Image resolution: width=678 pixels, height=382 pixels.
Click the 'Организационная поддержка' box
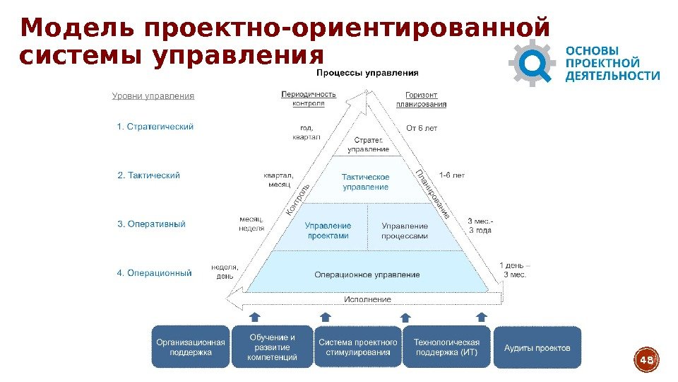click(191, 347)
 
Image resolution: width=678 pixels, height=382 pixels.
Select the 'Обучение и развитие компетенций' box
click(272, 347)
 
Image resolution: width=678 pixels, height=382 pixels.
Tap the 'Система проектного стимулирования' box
click(357, 347)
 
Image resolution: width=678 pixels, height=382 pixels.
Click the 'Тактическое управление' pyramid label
click(366, 182)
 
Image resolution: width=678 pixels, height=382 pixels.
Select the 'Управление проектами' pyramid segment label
click(328, 231)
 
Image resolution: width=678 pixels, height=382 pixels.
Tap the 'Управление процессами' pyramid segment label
click(405, 231)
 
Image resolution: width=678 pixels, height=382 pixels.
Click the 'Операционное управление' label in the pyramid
click(367, 274)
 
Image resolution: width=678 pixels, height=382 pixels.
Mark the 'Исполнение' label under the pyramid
click(367, 299)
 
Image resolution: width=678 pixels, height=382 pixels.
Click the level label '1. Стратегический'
click(155, 127)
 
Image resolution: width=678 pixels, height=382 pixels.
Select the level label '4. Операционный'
click(154, 273)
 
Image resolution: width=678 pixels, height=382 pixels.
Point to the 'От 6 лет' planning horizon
click(422, 128)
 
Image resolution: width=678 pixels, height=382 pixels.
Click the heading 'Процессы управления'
click(367, 73)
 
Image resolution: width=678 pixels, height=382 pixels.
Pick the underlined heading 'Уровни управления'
click(153, 95)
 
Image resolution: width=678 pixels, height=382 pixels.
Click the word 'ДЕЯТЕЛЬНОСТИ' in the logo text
click(613, 76)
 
